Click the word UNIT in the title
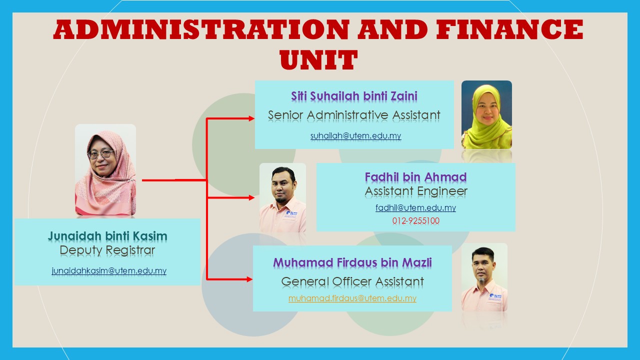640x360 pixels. pyautogui.click(x=318, y=60)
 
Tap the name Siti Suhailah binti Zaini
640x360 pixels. pyautogui.click(x=354, y=96)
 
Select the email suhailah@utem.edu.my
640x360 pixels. pyautogui.click(x=355, y=135)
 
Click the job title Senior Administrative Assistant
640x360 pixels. pyautogui.click(x=354, y=115)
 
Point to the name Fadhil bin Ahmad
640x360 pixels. pyautogui.click(x=415, y=177)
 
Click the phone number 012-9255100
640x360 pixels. pyautogui.click(x=415, y=220)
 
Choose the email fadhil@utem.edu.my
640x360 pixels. pyautogui.click(x=415, y=207)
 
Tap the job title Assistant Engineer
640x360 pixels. pyautogui.click(x=415, y=191)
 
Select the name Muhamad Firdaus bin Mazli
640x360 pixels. pyautogui.click(x=352, y=262)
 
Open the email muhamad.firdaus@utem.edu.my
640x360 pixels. pyautogui.click(x=352, y=298)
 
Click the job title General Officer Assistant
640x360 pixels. pyautogui.click(x=352, y=281)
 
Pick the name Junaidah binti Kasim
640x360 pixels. pyautogui.click(x=107, y=236)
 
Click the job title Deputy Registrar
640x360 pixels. pyautogui.click(x=107, y=250)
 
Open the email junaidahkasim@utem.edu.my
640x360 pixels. pyautogui.click(x=109, y=271)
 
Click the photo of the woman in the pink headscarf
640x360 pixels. pyautogui.click(x=105, y=170)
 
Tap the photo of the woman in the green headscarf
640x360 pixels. pyautogui.click(x=486, y=114)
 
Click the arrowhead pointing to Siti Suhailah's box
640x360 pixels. pyautogui.click(x=251, y=118)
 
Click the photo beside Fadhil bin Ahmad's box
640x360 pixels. pyautogui.click(x=282, y=197)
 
